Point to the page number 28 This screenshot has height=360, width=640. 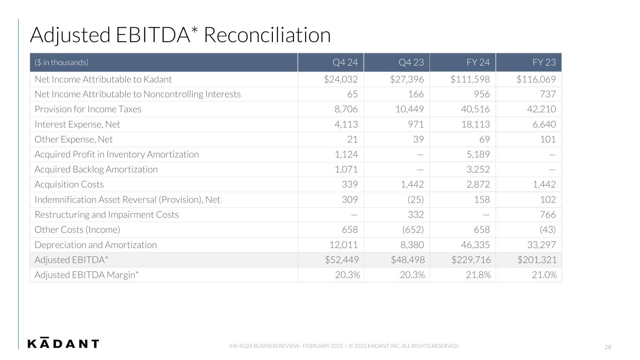[x=608, y=347]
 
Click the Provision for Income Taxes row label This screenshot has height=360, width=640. [x=88, y=109]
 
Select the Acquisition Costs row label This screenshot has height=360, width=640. [x=69, y=185]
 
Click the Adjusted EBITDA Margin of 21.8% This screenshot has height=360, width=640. [x=477, y=275]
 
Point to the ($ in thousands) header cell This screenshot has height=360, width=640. [x=61, y=62]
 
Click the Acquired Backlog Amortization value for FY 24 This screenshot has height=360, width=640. [x=477, y=170]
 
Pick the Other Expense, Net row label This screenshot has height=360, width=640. [x=74, y=139]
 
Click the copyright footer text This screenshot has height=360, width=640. [x=344, y=346]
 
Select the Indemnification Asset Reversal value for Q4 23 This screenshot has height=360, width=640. [x=414, y=200]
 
